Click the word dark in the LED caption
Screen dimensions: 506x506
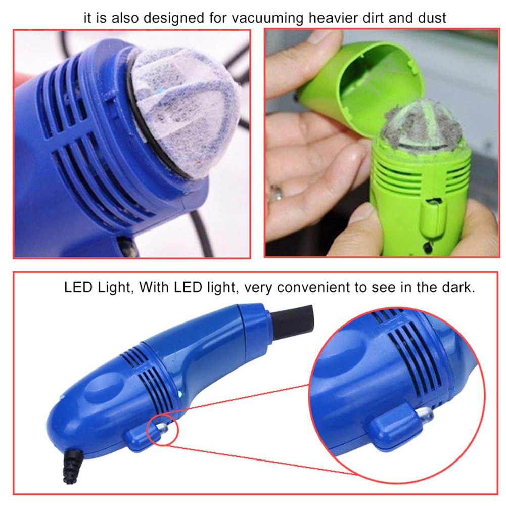[x=459, y=288]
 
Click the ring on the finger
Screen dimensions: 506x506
[x=277, y=193]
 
